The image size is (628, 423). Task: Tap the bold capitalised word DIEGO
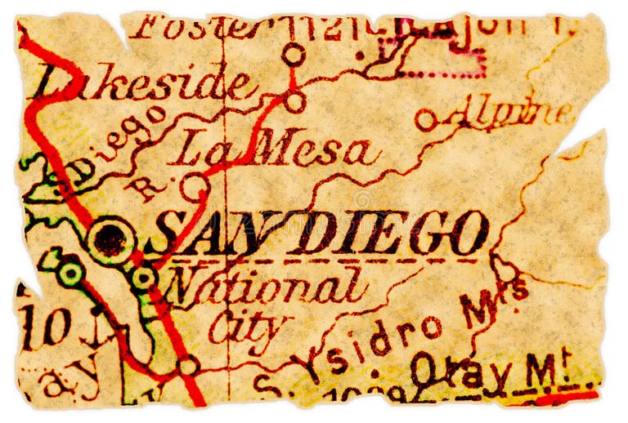pos(392,233)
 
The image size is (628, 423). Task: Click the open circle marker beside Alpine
pos(425,120)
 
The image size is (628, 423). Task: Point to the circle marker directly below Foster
pos(294,55)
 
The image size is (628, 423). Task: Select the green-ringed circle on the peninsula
pos(70,272)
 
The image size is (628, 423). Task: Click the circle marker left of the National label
pos(144,278)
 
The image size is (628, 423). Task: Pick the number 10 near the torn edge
pos(45,328)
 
